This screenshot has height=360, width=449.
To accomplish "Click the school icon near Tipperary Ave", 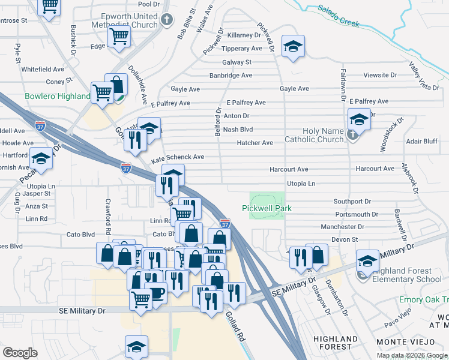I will (x=293, y=46).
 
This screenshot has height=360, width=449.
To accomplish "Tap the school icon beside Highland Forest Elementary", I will (x=367, y=261).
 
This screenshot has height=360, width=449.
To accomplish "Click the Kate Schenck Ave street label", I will (x=178, y=157).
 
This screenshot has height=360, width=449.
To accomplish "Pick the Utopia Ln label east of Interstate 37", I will (x=301, y=183).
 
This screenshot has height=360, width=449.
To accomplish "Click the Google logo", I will (x=20, y=353).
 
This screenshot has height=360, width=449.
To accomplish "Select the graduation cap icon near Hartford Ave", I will (x=41, y=159).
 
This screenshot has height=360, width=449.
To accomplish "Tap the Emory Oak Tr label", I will (x=423, y=299).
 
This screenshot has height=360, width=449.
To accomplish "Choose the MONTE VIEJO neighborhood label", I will (x=408, y=341).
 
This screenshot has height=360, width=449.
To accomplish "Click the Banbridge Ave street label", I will (x=231, y=76).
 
